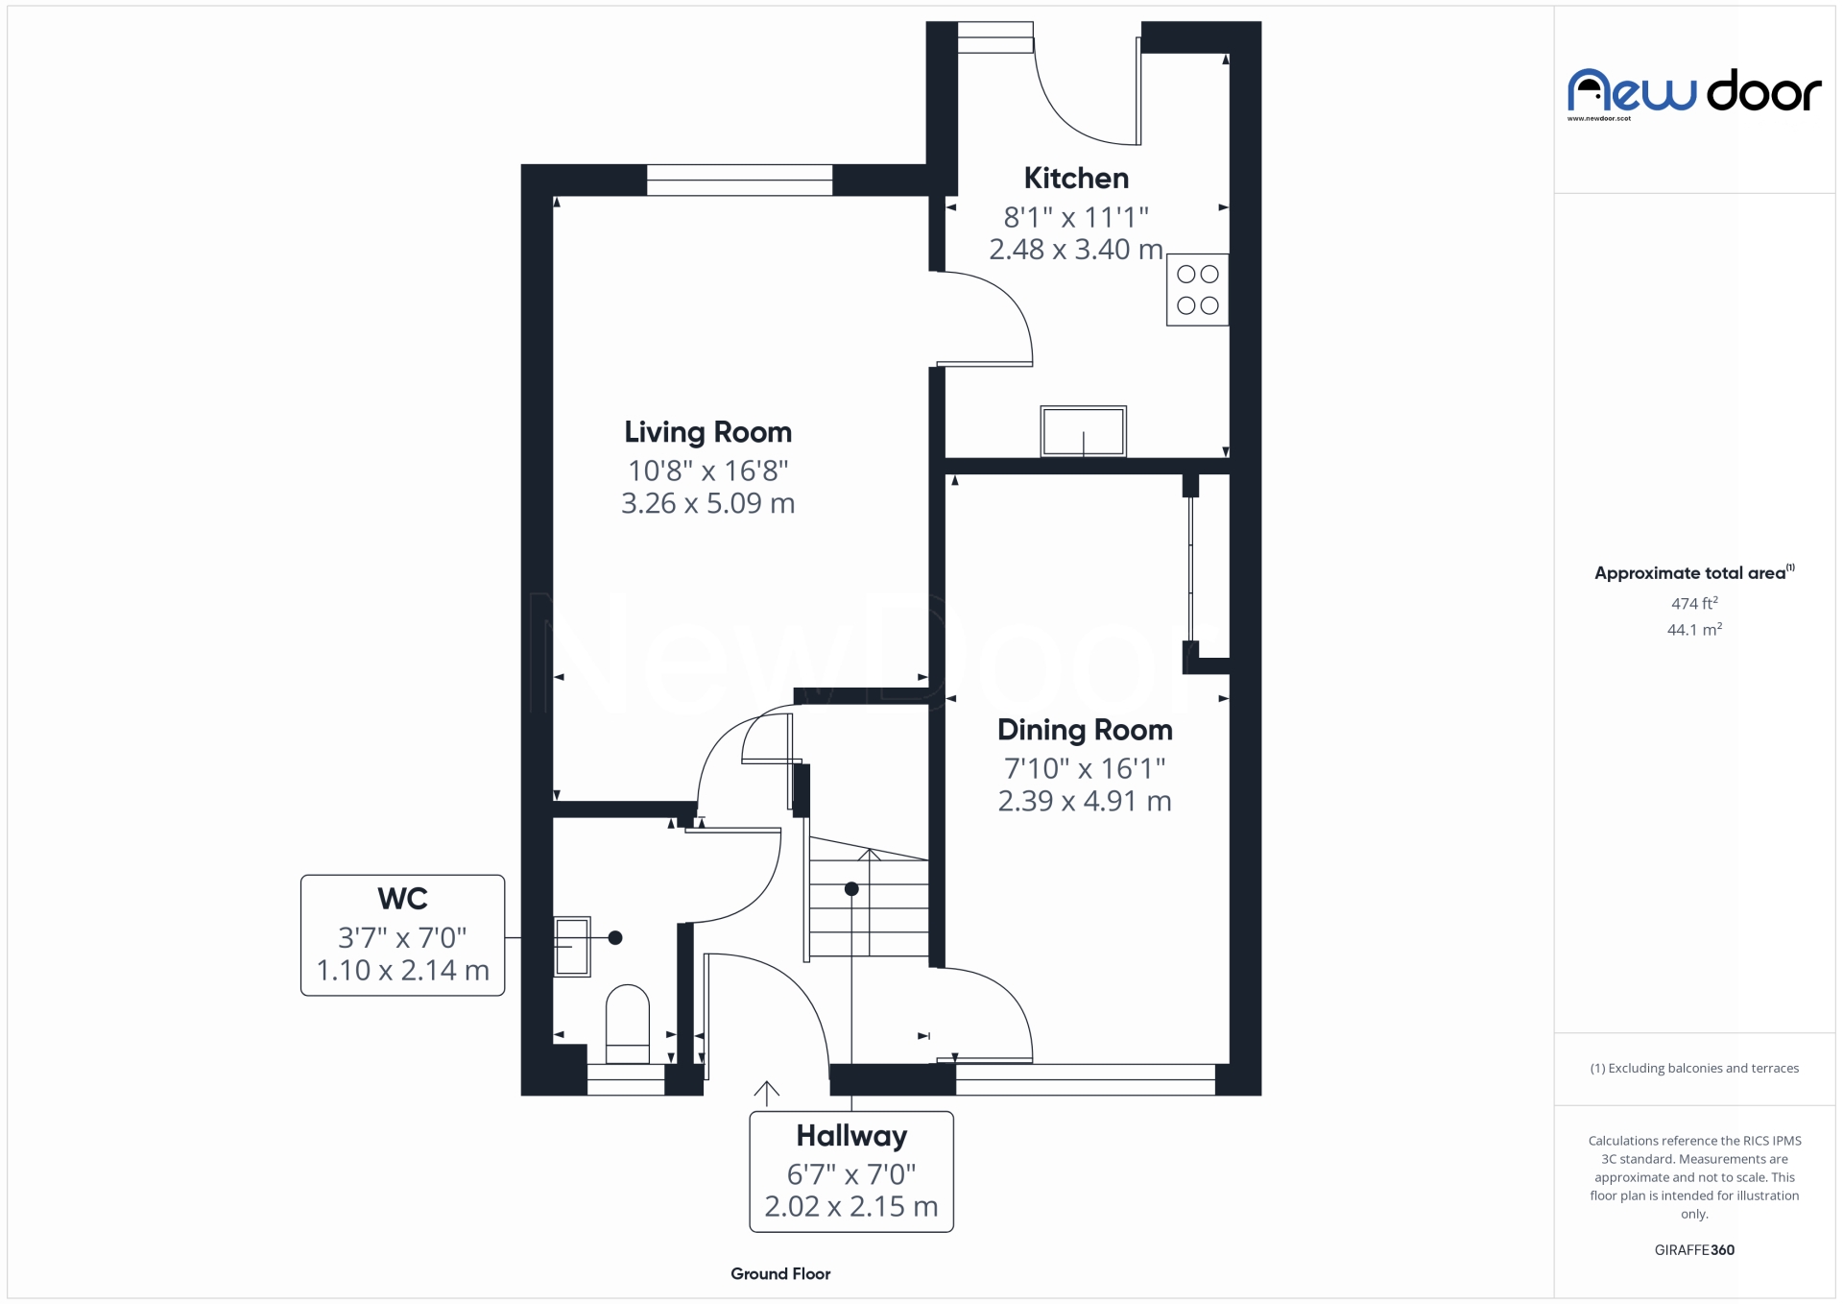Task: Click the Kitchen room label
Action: pos(1075,179)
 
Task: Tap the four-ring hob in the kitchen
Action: pos(1197,290)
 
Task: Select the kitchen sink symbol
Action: pos(1083,431)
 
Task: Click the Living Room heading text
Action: pos(707,433)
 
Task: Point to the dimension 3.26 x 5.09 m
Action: pos(707,503)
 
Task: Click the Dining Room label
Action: pos(1085,730)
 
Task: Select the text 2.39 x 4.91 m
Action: pos(1085,801)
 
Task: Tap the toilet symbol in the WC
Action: pos(628,1024)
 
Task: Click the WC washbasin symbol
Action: pos(572,947)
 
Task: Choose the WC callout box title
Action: pos(402,900)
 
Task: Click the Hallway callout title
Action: pos(851,1136)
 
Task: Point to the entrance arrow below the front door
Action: pos(766,1094)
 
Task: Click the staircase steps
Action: pos(869,907)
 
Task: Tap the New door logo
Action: pos(1694,93)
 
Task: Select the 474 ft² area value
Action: pos(1694,604)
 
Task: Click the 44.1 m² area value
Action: pos(1694,630)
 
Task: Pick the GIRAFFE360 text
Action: pos(1694,1250)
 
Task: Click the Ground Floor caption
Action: pos(779,1274)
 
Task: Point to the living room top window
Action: pos(739,181)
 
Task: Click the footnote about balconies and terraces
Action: pos(1694,1069)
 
